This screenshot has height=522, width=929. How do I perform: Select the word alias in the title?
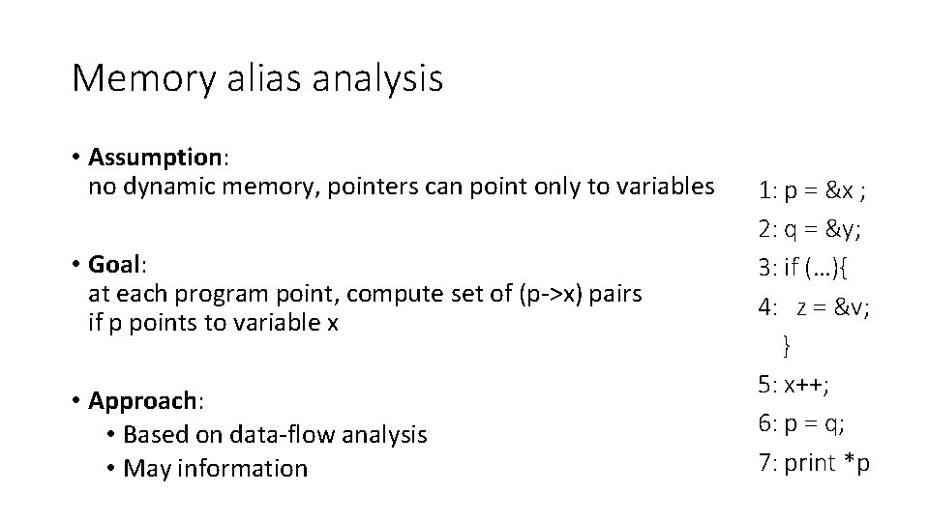[x=254, y=77]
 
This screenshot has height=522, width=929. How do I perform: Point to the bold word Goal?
[x=114, y=264]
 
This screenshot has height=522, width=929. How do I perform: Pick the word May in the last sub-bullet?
[x=145, y=469]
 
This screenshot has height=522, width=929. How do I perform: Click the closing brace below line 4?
[x=787, y=343]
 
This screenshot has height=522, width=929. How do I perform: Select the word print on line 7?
[x=809, y=463]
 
